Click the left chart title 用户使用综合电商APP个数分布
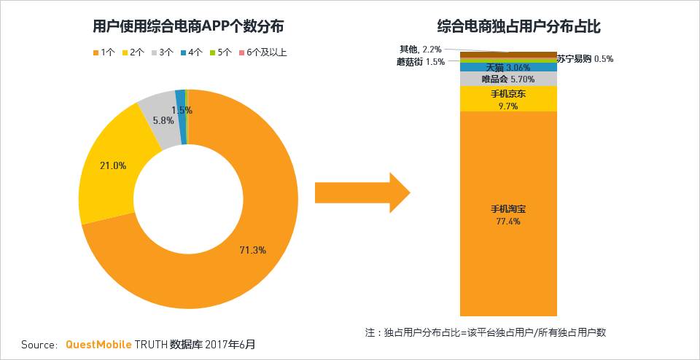pyautogui.click(x=189, y=27)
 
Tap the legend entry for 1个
pyautogui.click(x=104, y=52)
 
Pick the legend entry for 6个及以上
pyautogui.click(x=262, y=52)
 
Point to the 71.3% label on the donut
pyautogui.click(x=252, y=250)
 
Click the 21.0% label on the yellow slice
pyautogui.click(x=113, y=165)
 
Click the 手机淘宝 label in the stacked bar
pyautogui.click(x=508, y=209)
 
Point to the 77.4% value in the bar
pyautogui.click(x=508, y=221)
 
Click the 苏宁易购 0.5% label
pyautogui.click(x=584, y=59)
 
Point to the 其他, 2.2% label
pyautogui.click(x=420, y=48)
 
